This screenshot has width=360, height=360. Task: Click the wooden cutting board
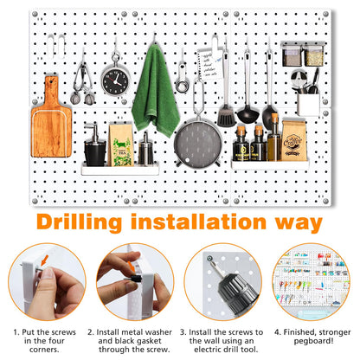(x=50, y=125)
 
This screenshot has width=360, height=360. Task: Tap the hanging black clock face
(x=113, y=81)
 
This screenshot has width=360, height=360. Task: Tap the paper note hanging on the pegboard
(x=206, y=65)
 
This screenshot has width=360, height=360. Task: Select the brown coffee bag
(x=293, y=139)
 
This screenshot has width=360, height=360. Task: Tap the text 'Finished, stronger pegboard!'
(x=315, y=337)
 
